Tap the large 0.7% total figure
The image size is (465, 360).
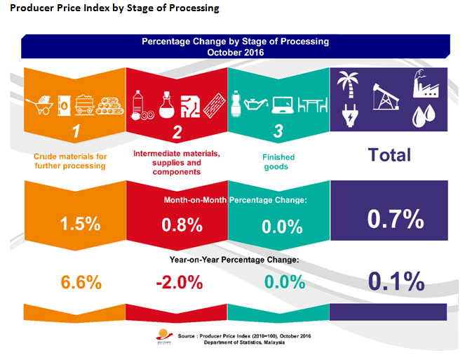tap(396, 220)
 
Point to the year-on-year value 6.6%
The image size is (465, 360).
tap(81, 283)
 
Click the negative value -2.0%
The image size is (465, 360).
tap(179, 283)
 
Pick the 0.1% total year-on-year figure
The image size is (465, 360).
tap(396, 281)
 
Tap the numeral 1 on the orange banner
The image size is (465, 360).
tap(79, 131)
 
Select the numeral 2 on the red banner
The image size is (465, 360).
tap(177, 131)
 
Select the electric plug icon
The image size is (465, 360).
tap(349, 113)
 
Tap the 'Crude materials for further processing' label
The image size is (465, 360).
tap(70, 160)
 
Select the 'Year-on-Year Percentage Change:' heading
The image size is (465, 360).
tap(234, 259)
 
